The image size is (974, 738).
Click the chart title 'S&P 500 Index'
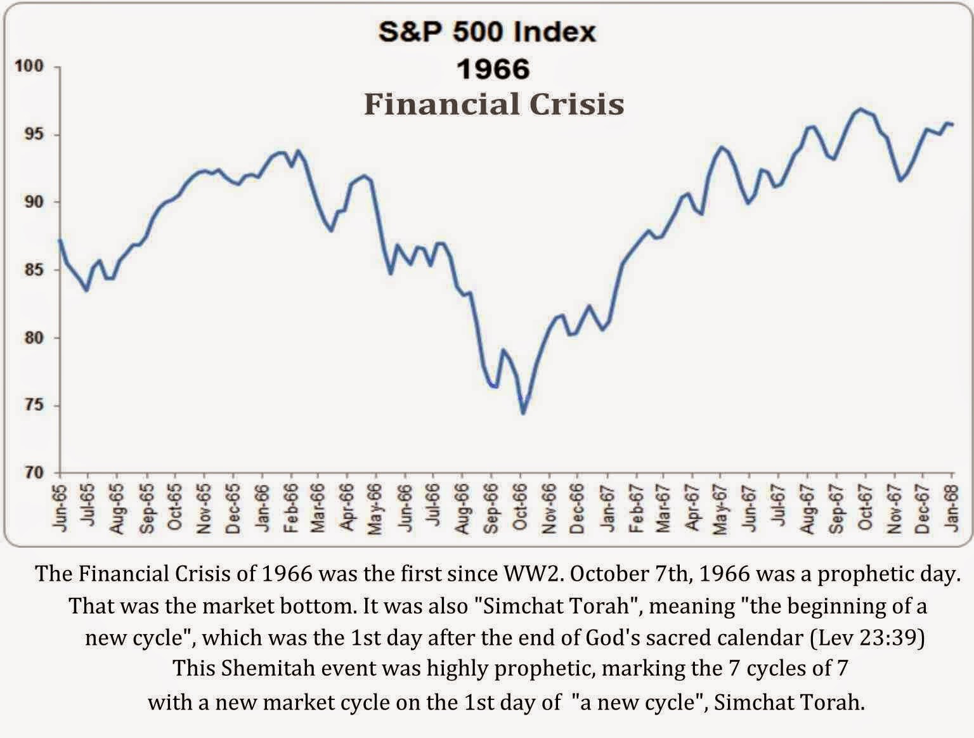tap(487, 32)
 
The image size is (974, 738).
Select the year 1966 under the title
tap(493, 68)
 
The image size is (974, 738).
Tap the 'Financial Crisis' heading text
tap(494, 104)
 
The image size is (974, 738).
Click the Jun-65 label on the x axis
tap(60, 507)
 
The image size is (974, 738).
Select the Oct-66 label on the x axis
tap(521, 508)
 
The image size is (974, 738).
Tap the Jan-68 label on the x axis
tap(951, 507)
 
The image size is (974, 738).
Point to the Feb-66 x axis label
tap(290, 507)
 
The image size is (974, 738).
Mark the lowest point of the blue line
tap(523, 413)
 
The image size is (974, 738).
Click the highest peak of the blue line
tap(859, 109)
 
